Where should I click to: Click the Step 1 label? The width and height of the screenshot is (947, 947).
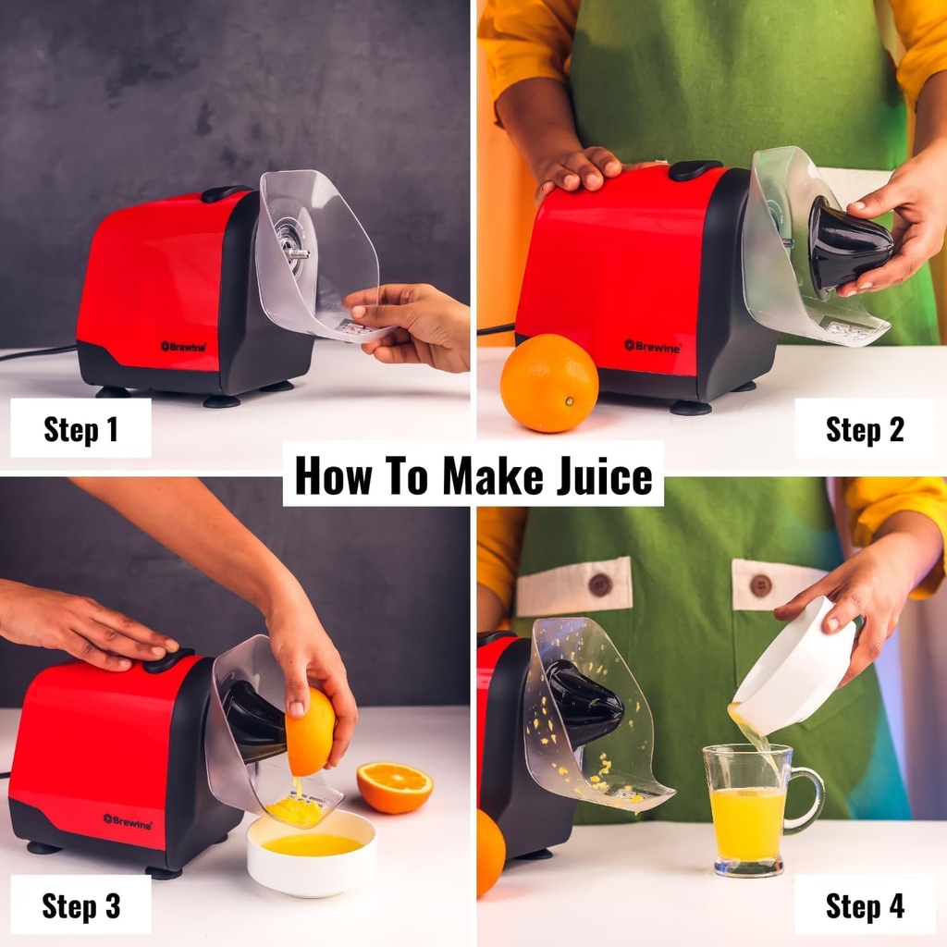(x=81, y=429)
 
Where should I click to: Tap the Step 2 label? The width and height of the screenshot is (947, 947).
(x=865, y=429)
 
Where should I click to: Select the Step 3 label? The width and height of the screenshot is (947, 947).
(x=81, y=905)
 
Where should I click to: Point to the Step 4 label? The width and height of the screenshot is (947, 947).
(x=865, y=906)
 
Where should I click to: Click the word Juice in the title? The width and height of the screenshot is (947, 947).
(x=604, y=475)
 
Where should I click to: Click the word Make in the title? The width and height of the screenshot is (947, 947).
(x=493, y=475)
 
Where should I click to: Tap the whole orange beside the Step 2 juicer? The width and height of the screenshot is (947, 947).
(x=549, y=383)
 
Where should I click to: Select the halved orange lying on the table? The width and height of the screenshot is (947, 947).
(x=394, y=787)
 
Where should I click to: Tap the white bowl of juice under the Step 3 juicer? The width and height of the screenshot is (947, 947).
(x=312, y=852)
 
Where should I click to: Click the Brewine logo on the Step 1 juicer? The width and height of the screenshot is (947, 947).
(x=184, y=347)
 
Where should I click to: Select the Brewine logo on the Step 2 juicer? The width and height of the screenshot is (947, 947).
(x=652, y=347)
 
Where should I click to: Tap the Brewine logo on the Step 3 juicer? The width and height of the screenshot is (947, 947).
(x=128, y=821)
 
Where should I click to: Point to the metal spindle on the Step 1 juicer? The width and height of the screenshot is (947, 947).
(x=296, y=253)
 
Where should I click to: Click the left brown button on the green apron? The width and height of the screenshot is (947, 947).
(x=599, y=584)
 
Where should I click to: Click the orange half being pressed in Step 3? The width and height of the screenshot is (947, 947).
(x=310, y=732)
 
